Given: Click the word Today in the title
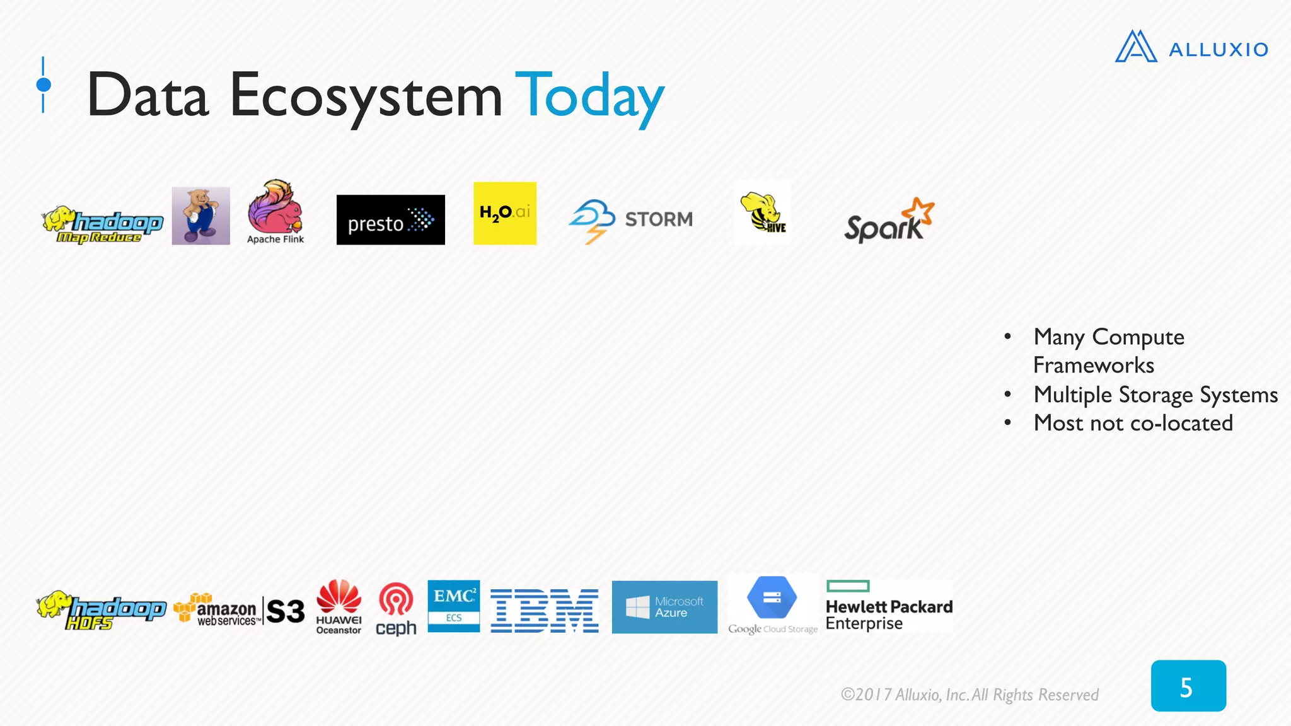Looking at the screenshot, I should [x=589, y=96].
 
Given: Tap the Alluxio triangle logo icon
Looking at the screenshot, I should [x=1136, y=47].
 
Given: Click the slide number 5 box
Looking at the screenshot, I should [x=1188, y=686].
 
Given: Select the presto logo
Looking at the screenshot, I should [x=390, y=220].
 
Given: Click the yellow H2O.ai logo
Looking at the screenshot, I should [x=504, y=213].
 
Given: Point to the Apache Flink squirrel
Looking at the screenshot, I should [x=275, y=207].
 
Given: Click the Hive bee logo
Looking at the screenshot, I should [x=762, y=213].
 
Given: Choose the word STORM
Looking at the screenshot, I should [x=658, y=219].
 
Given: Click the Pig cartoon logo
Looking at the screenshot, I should [x=200, y=216].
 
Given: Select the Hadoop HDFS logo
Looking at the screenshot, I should [x=101, y=610].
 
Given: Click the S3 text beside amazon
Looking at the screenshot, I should [x=285, y=611].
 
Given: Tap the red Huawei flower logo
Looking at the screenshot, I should [x=339, y=596].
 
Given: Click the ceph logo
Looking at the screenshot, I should [x=396, y=609].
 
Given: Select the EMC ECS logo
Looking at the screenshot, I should [x=453, y=606].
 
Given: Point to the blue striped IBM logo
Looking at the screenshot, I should [x=544, y=611].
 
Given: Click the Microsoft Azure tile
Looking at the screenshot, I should [x=664, y=607].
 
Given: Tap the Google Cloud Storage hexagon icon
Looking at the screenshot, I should [x=772, y=597].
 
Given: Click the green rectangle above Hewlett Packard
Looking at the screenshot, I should [x=847, y=586].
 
